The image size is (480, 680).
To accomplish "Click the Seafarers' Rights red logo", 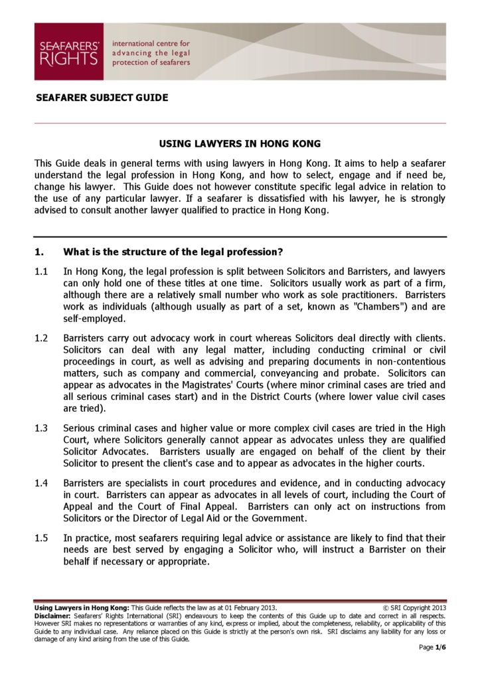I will click(68, 52).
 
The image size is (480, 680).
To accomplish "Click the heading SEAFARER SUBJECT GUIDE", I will click(102, 98).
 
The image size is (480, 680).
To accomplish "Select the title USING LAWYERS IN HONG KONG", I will click(240, 143).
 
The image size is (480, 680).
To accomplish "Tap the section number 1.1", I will click(41, 272).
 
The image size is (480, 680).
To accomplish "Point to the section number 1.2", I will click(41, 338).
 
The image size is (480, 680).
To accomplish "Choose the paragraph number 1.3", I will click(41, 428).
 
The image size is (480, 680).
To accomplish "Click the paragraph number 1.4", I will click(41, 483).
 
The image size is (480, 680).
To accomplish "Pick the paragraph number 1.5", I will click(41, 537).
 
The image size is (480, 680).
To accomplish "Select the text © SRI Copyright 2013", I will click(415, 608).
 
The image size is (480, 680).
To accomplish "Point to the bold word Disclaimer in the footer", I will click(54, 616).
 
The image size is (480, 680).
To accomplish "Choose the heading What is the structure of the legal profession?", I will click(173, 252).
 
